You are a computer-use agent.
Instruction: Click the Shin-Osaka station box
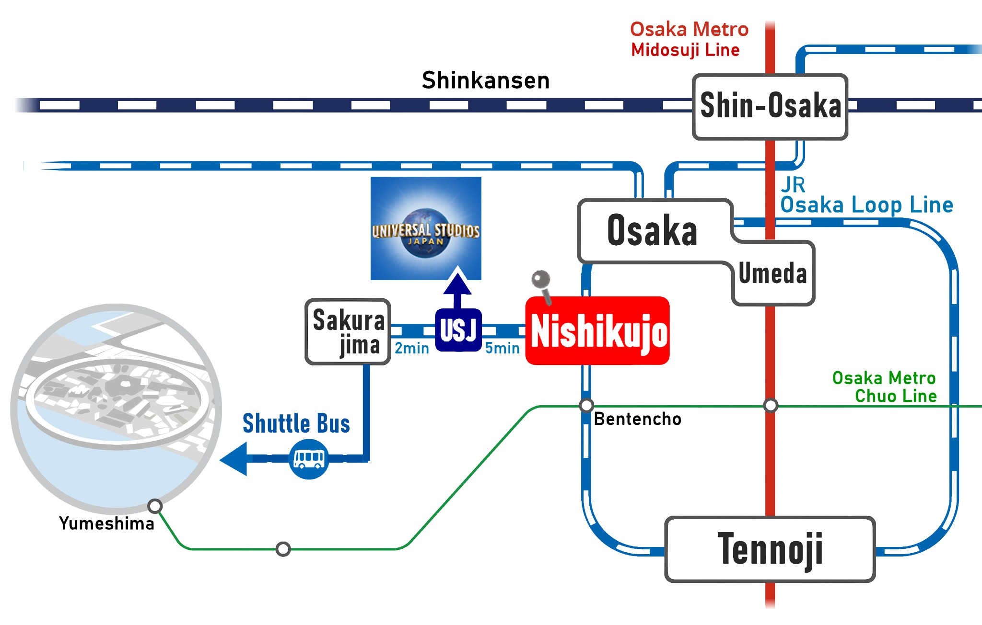point(770,106)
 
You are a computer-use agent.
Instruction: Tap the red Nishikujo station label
point(598,331)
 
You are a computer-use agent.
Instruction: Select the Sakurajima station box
point(348,332)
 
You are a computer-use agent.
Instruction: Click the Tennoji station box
point(770,549)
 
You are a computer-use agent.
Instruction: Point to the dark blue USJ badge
point(458,330)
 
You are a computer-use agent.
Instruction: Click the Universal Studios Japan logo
point(426,228)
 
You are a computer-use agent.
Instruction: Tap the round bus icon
point(309,459)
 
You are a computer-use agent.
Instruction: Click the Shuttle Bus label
point(296,424)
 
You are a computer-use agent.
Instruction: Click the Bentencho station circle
point(586,406)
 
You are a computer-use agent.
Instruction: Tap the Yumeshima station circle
point(155,506)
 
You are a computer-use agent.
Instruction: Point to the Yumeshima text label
point(106,523)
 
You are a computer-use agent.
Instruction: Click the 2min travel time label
point(411,348)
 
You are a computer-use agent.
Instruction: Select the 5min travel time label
point(502,348)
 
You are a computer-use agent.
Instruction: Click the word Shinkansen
point(485,80)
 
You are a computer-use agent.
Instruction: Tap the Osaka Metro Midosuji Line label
point(689,39)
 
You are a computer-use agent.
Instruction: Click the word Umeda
point(772,273)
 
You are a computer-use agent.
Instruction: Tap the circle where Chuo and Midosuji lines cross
point(771,406)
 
